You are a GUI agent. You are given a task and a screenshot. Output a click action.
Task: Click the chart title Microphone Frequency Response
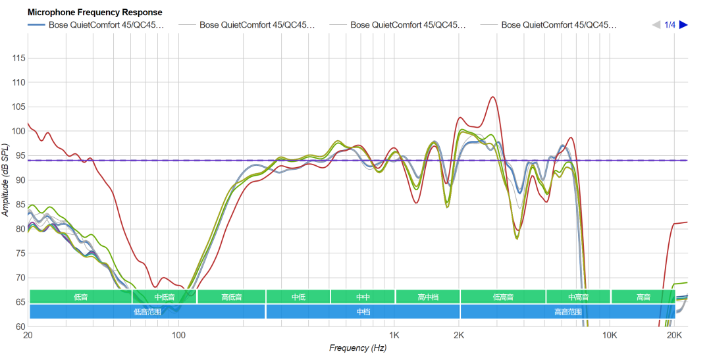(95, 12)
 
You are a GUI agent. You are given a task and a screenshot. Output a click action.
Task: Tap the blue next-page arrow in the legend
(683, 25)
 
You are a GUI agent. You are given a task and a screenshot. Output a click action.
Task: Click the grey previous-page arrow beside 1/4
(656, 25)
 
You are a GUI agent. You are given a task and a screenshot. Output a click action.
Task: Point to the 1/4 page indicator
(670, 25)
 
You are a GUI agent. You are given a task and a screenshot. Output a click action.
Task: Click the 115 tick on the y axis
(18, 59)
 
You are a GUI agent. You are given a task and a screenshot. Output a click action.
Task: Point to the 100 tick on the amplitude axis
(18, 132)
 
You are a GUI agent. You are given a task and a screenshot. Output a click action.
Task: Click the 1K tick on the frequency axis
(394, 336)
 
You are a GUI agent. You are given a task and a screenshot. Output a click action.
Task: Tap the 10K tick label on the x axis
(610, 336)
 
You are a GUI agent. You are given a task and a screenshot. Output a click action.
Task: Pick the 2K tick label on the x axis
(459, 336)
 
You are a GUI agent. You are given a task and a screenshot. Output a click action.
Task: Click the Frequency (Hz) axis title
(357, 348)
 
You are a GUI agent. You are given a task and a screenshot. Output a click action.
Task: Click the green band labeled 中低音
(165, 297)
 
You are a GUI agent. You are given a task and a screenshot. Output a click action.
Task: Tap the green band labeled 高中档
(427, 297)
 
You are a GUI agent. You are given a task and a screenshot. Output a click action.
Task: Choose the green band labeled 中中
(363, 297)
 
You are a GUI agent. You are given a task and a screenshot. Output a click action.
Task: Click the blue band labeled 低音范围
(147, 312)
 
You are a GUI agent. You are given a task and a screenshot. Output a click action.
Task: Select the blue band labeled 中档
(363, 312)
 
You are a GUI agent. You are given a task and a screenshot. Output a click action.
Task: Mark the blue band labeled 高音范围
(567, 312)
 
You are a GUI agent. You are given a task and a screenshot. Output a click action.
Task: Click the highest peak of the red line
(492, 97)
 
